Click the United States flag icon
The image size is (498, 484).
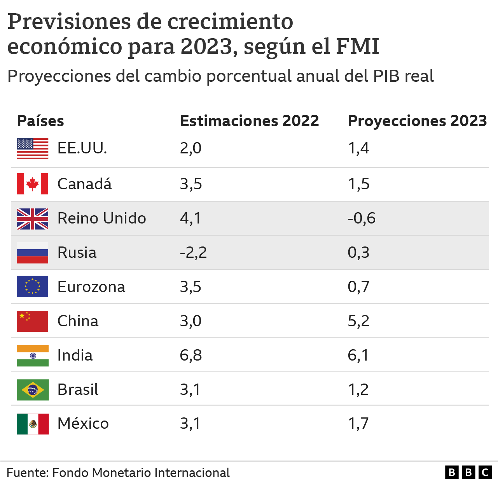click(33, 148)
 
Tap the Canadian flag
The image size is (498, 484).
click(33, 184)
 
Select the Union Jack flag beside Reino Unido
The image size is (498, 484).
click(33, 218)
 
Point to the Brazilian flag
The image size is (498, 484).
click(33, 390)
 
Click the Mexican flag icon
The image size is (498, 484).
click(33, 424)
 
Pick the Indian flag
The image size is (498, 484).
click(33, 356)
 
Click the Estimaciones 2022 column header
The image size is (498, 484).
click(249, 121)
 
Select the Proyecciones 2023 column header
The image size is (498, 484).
click(417, 121)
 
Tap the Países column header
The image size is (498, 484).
click(40, 121)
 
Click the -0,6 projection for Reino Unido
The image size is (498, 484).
click(362, 218)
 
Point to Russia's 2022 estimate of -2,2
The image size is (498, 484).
click(193, 253)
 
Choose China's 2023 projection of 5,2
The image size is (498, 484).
click(358, 321)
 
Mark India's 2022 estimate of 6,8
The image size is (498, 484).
click(191, 356)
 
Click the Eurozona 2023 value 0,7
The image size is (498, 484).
click(358, 287)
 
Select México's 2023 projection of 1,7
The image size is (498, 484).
click(358, 424)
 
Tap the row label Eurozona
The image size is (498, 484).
click(91, 287)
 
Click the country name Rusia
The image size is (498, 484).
click(77, 253)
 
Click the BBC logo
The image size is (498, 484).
click(468, 472)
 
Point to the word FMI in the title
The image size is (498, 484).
click(357, 46)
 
